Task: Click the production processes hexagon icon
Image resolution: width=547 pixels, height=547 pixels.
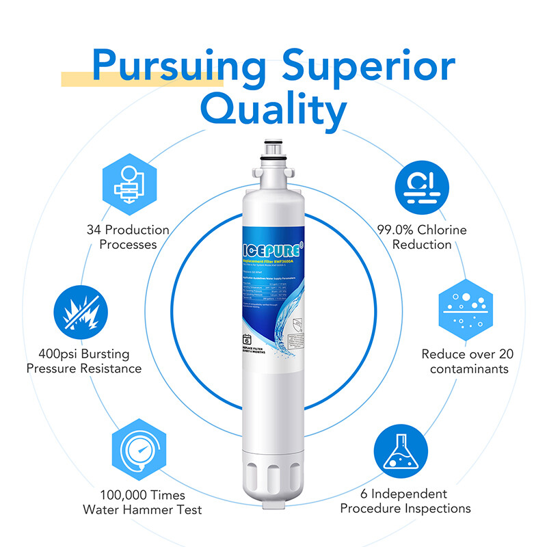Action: pos(127,182)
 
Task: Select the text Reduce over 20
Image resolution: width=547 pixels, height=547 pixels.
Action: pos(467,354)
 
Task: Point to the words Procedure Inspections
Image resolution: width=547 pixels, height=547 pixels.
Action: pos(405,508)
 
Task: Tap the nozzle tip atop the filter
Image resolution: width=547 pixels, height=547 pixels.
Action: pos(273,148)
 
